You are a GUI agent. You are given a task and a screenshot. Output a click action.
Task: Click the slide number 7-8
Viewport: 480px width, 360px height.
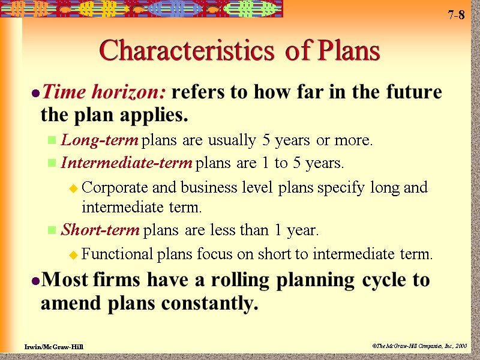tap(456, 16)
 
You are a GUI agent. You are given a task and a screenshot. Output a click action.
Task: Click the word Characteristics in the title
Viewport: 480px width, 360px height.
tap(180, 52)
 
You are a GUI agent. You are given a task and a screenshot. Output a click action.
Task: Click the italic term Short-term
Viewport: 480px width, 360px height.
tap(101, 230)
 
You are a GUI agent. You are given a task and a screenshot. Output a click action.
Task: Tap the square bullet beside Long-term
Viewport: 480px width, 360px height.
tap(52, 142)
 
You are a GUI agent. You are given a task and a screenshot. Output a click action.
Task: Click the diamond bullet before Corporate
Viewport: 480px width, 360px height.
tap(73, 188)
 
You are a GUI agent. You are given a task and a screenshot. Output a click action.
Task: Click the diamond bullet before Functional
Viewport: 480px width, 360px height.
tap(73, 255)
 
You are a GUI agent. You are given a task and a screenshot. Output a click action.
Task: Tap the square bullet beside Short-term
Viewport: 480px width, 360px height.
tap(52, 230)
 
